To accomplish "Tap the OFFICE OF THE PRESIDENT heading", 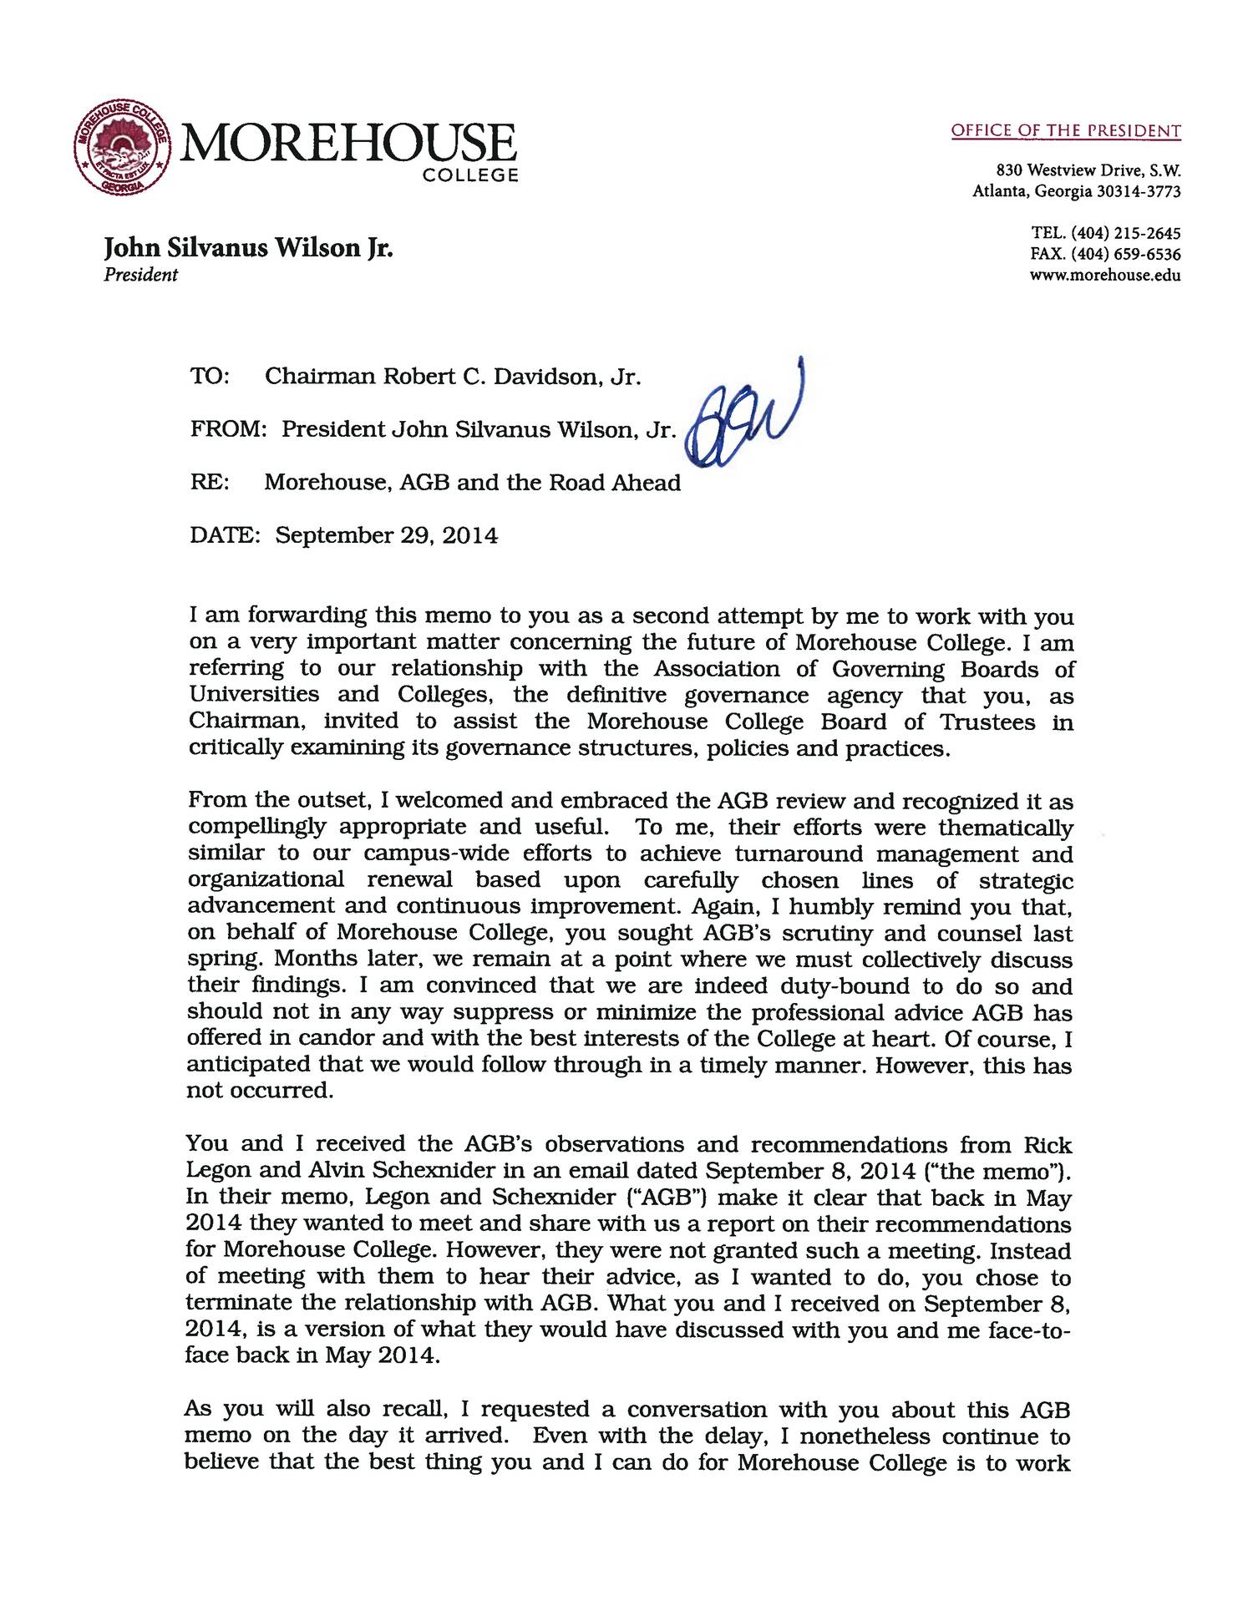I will coord(1066,130).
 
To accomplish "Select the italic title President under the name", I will coord(140,275).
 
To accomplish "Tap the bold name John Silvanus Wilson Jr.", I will coord(248,248).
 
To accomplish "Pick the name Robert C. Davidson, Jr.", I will coord(512,377).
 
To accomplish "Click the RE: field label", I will coord(210,483).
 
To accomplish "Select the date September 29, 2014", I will coord(387,535).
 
